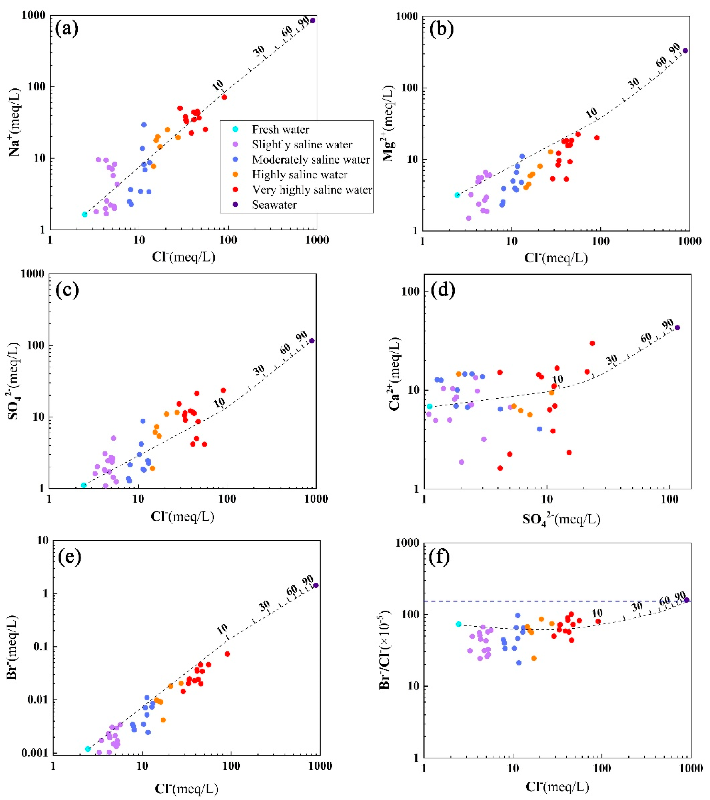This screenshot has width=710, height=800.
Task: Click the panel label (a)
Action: click(67, 29)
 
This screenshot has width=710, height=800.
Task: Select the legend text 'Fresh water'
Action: click(280, 130)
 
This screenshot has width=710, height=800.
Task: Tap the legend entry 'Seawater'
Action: click(274, 205)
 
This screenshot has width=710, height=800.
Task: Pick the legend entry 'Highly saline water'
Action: click(300, 175)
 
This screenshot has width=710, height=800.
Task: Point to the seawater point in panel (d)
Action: click(677, 328)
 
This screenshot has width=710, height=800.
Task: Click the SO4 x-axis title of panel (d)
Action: click(561, 520)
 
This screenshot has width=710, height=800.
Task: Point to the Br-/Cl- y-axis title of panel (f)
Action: click(386, 650)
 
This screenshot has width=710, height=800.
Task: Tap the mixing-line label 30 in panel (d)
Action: click(612, 359)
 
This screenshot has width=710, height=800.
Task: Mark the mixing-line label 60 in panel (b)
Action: click(661, 61)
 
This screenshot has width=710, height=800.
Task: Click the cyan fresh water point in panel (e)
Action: click(88, 749)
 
